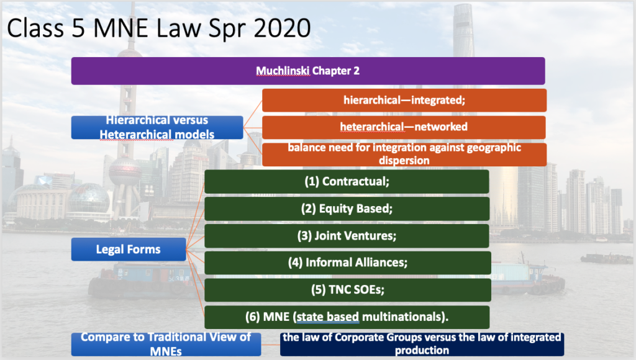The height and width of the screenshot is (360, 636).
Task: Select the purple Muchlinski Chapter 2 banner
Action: tap(308, 71)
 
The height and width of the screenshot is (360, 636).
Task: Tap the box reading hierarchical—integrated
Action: tap(404, 100)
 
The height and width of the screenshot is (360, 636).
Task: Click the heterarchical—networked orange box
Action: tap(404, 127)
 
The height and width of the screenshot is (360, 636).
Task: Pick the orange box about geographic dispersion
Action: tap(404, 154)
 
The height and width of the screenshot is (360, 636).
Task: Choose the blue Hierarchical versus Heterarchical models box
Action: tap(157, 127)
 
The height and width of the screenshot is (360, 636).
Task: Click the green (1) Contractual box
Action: tap(347, 182)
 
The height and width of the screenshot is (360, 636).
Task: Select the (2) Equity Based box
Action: tap(347, 209)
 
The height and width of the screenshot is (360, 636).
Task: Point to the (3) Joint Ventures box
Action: tap(347, 236)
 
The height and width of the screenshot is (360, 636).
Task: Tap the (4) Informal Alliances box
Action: tap(348, 263)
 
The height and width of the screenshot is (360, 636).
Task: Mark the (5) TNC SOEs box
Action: tap(348, 290)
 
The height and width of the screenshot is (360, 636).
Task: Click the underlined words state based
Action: tap(328, 317)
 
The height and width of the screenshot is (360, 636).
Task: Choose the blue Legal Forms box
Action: tap(129, 250)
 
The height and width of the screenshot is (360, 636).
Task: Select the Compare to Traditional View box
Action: tap(166, 344)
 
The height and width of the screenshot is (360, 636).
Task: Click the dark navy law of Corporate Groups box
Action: tap(422, 344)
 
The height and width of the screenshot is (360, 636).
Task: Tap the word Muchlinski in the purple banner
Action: tap(283, 71)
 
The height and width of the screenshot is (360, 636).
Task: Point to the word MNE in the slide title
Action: tap(121, 29)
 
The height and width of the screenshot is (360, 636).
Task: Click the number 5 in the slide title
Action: tap(78, 29)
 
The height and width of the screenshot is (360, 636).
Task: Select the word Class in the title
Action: tap(35, 29)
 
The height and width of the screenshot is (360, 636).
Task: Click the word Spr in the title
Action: tap(227, 29)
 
